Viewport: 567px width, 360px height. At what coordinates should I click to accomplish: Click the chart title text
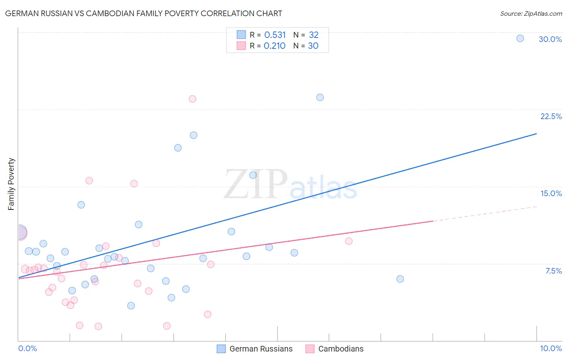click(144, 13)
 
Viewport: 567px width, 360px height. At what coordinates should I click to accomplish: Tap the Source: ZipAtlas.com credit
click(531, 13)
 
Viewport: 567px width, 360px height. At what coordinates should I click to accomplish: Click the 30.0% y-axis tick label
click(550, 39)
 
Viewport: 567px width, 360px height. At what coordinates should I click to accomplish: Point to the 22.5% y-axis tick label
click(551, 116)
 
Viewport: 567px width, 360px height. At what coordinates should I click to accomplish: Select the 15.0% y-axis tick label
click(551, 193)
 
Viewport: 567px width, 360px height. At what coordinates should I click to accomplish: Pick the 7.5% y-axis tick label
click(553, 271)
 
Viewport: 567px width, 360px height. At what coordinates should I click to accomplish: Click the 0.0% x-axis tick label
click(27, 348)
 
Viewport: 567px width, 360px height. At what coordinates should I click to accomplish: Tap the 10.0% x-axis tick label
click(550, 348)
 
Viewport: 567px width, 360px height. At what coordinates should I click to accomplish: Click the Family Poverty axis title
click(11, 184)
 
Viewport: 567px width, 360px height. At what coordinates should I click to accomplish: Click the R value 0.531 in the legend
click(275, 35)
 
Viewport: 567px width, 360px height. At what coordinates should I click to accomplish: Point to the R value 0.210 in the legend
click(274, 46)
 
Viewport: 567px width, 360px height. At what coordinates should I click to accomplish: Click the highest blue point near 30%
click(520, 38)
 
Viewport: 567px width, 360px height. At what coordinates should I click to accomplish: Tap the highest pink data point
click(192, 99)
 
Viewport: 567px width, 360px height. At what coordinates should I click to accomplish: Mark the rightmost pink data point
click(349, 241)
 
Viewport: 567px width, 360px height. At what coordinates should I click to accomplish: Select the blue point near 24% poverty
click(320, 97)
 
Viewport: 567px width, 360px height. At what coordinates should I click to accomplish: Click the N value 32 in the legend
click(313, 35)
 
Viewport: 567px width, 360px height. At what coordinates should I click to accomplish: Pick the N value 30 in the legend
click(313, 46)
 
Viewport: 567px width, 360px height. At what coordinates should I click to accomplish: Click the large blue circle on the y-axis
click(19, 232)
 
